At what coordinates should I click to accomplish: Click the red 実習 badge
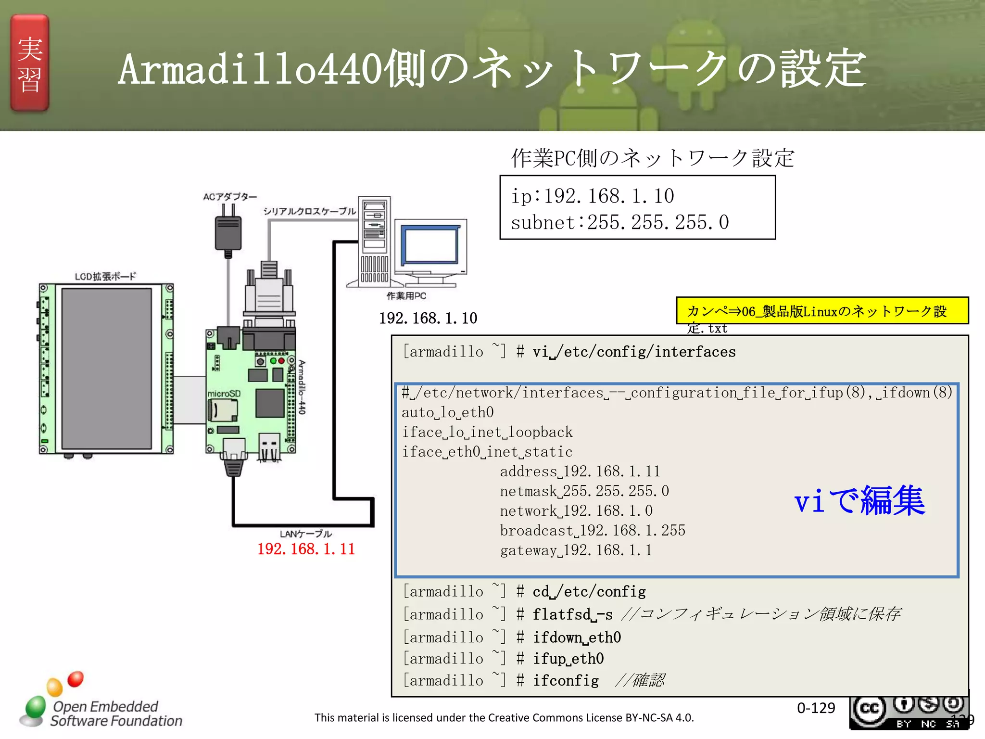coord(30,63)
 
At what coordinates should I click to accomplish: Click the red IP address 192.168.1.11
coord(306,549)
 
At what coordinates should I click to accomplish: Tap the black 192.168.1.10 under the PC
coord(428,318)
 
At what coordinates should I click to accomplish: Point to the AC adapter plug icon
coord(228,231)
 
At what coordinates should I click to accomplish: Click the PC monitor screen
coord(429,245)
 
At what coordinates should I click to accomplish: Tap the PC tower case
coord(375,241)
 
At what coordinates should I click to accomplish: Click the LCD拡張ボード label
coord(105,276)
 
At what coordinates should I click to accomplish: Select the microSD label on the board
coord(224,394)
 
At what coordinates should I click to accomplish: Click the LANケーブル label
coord(306,534)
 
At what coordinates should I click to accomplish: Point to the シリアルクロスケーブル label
coord(309,211)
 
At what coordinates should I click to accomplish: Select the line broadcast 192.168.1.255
coord(592,530)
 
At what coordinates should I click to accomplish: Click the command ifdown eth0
coord(577,637)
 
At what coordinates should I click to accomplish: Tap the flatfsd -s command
coord(572,614)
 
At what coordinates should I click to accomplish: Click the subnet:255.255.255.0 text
coord(619,222)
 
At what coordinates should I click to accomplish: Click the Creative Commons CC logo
coord(869,710)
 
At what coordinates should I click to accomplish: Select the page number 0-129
coord(816,708)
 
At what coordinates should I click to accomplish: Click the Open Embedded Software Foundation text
coord(116,714)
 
